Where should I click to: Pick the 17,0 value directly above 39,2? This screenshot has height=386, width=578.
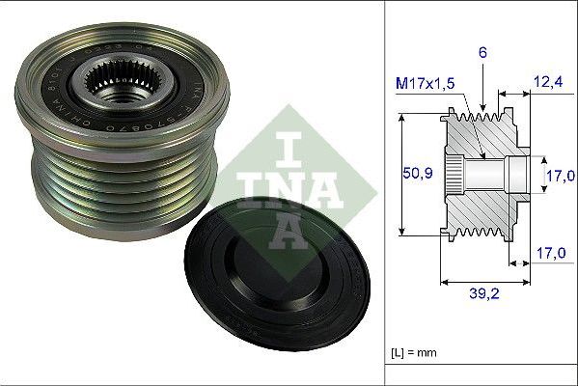pos(547,255)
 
